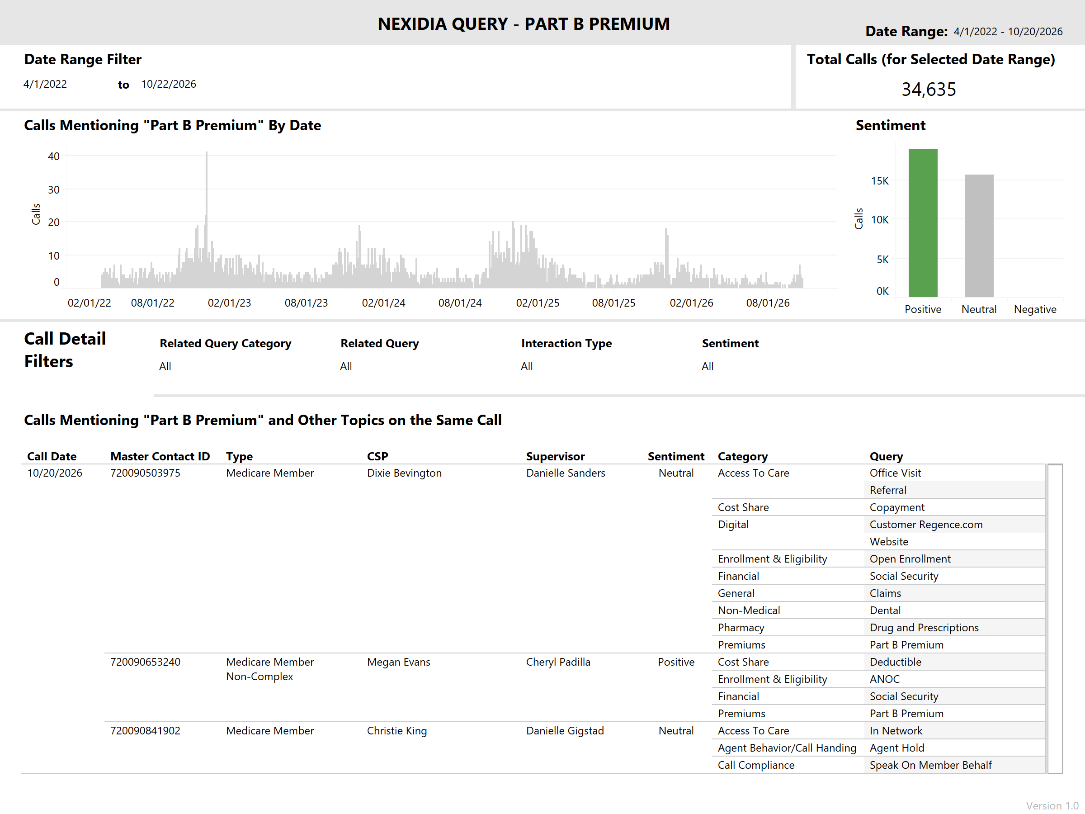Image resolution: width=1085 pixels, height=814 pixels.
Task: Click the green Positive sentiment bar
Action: tap(923, 223)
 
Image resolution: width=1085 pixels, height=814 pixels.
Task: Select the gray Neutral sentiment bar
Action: tap(979, 236)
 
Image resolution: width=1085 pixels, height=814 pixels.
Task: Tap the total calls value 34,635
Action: tap(929, 89)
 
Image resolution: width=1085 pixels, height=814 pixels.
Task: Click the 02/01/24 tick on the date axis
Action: tap(383, 303)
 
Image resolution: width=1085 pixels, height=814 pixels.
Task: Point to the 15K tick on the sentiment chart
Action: tap(879, 180)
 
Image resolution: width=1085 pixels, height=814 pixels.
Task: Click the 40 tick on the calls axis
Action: tap(53, 156)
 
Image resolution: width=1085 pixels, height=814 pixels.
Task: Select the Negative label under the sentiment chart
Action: tap(1035, 309)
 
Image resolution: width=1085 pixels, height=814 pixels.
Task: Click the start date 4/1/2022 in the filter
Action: tap(45, 84)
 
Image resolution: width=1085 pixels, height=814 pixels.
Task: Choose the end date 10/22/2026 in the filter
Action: tap(169, 84)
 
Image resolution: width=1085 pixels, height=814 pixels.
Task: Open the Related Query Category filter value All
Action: tap(165, 366)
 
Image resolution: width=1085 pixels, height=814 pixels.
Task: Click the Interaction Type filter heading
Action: tap(566, 343)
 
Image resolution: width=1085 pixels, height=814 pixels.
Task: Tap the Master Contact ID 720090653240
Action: tap(145, 662)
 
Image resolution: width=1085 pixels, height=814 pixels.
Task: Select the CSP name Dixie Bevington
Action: tap(404, 473)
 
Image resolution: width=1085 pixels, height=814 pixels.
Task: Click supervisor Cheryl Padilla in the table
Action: tap(558, 662)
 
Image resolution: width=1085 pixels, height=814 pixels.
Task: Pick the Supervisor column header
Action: tap(555, 456)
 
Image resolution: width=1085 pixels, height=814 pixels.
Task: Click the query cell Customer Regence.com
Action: tap(926, 525)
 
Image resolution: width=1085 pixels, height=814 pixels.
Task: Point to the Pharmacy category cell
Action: tap(741, 628)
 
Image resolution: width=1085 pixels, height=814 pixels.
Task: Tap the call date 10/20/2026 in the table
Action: tap(55, 473)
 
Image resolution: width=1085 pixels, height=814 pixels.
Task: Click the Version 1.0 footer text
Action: tap(1052, 806)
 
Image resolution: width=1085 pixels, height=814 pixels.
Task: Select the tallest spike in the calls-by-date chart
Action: tap(207, 219)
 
